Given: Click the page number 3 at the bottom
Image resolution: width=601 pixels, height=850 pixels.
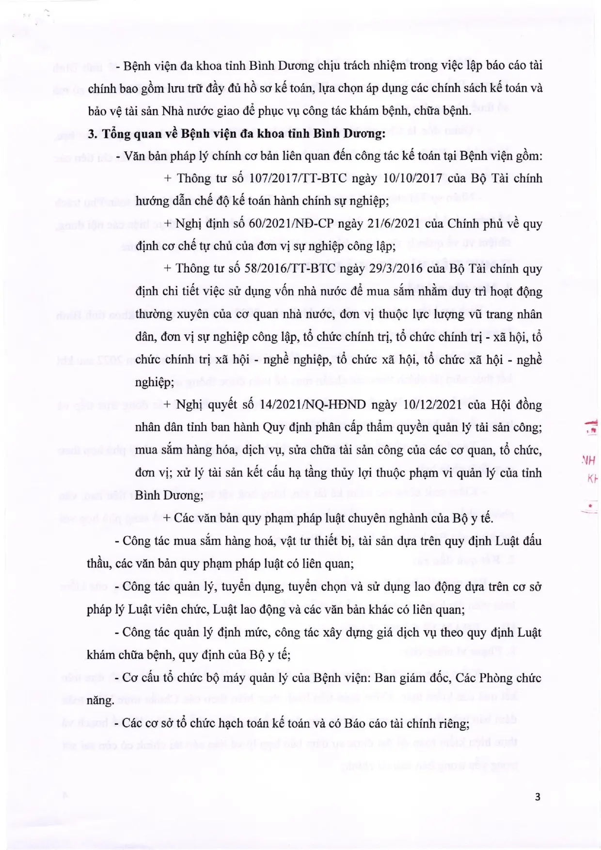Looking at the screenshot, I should coord(538,796).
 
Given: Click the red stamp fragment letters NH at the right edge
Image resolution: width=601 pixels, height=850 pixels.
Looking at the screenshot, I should coord(588,460).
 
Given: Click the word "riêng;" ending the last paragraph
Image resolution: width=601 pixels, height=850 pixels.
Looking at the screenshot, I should coord(453,724).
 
